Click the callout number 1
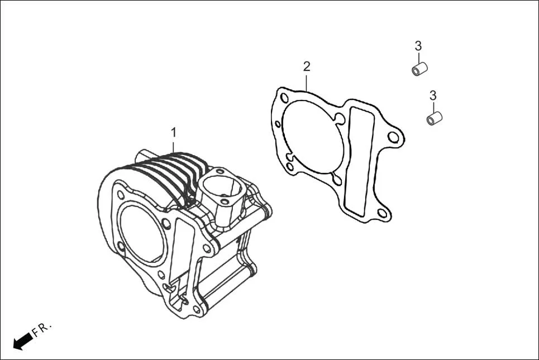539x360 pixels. pyautogui.click(x=173, y=132)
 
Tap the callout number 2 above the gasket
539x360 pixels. pyautogui.click(x=306, y=66)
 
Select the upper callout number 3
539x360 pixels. pyautogui.click(x=418, y=46)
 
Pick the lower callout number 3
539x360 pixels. pyautogui.click(x=432, y=95)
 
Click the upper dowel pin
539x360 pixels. pyautogui.click(x=419, y=70)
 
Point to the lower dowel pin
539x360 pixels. pyautogui.click(x=434, y=118)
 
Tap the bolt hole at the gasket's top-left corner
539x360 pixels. pyautogui.click(x=284, y=98)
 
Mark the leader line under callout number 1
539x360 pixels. pyautogui.click(x=173, y=146)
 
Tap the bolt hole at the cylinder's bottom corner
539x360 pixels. pyautogui.click(x=196, y=309)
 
